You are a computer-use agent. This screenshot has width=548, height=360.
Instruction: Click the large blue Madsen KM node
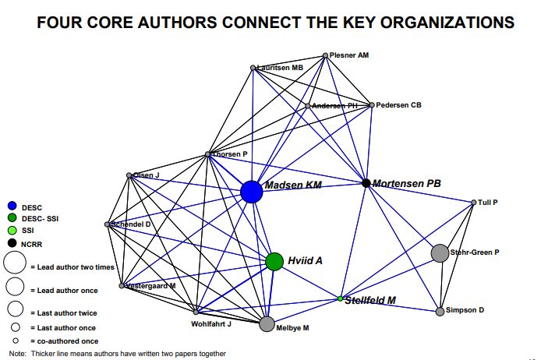(251, 192)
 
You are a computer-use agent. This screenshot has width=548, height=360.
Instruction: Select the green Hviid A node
(274, 261)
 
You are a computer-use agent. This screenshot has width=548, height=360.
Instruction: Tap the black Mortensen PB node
(366, 183)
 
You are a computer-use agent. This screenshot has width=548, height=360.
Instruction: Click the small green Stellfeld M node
(341, 298)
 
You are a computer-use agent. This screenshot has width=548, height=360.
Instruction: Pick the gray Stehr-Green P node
(440, 252)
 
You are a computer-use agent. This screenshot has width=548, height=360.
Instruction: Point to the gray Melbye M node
(267, 324)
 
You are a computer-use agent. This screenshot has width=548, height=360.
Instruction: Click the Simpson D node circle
(440, 312)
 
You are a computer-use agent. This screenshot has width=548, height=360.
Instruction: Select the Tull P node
(473, 203)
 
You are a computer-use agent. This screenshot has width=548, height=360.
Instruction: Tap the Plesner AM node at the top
(326, 55)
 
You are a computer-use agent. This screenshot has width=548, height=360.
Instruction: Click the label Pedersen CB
(399, 104)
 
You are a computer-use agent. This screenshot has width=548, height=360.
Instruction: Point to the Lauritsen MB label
(281, 69)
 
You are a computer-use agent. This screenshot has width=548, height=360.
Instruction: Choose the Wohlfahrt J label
(211, 323)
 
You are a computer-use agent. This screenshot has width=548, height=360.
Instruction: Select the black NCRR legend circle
(12, 244)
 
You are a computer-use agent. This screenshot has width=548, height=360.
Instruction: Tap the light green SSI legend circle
(12, 231)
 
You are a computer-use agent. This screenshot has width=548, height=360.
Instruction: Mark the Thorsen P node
(207, 154)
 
